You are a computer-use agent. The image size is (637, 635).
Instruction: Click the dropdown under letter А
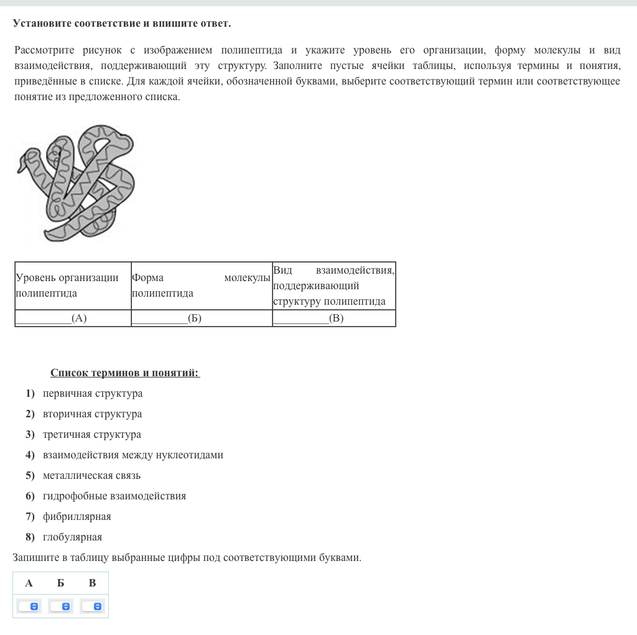tap(29, 606)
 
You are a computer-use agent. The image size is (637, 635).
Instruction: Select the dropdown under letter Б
tap(60, 606)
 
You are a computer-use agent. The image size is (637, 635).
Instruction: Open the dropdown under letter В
tap(92, 606)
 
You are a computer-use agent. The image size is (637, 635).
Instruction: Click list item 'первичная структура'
tap(93, 394)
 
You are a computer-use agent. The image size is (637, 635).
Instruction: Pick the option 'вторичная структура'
tap(92, 414)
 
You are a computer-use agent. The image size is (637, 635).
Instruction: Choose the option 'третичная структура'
tap(92, 435)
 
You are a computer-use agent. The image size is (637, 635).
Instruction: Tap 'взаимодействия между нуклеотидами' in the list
tap(133, 455)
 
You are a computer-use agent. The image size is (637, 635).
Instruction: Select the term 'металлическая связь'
tap(91, 476)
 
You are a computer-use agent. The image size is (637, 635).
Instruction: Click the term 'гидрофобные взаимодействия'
tap(114, 496)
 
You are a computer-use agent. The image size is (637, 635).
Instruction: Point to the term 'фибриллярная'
tap(77, 517)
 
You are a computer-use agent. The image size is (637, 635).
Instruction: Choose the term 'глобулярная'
tap(72, 537)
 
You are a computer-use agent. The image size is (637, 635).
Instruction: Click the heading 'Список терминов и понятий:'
tap(125, 373)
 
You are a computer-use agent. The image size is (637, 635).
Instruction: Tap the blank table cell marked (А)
tap(73, 318)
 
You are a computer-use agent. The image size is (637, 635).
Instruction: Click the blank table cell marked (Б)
tap(202, 318)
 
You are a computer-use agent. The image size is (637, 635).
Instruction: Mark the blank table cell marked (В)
tap(334, 318)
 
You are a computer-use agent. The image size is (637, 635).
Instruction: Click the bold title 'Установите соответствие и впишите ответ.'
tap(122, 24)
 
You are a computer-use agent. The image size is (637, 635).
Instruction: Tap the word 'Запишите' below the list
tap(34, 558)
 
